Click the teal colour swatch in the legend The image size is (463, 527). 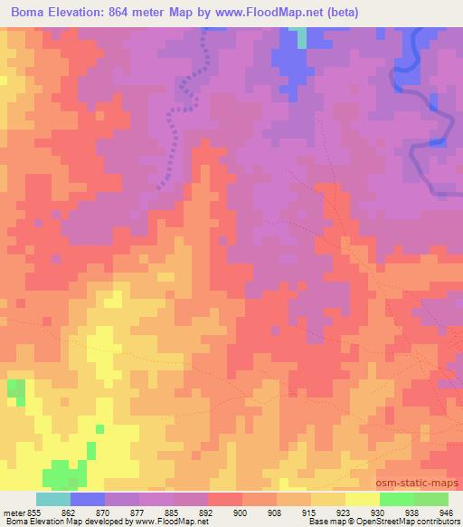[x=53, y=499]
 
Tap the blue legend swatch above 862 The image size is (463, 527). [x=88, y=499]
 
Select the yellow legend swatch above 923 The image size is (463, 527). [x=328, y=499]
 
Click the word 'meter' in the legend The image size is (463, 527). [x=15, y=512]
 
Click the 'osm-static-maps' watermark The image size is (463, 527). [x=421, y=484]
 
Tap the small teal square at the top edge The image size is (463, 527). [x=302, y=37]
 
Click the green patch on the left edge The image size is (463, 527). [x=16, y=391]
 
